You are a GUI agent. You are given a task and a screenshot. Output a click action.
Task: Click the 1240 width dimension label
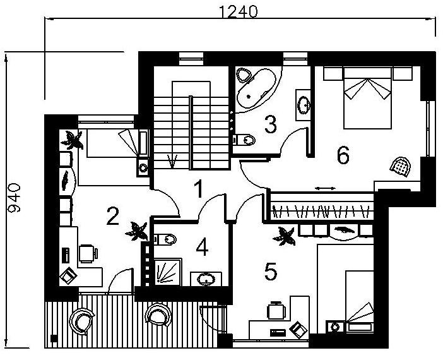(238, 11)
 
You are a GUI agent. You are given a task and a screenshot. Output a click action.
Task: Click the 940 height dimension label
(14, 198)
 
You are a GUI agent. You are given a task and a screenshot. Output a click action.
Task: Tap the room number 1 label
(199, 189)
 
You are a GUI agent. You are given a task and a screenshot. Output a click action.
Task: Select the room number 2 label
(112, 216)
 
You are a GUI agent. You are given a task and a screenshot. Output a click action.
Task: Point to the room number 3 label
(270, 124)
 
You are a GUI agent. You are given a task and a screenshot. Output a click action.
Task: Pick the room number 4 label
(203, 247)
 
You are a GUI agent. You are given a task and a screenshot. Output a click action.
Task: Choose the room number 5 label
(271, 271)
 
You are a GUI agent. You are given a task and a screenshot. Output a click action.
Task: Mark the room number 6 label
(343, 155)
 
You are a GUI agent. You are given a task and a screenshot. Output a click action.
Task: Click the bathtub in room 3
(256, 88)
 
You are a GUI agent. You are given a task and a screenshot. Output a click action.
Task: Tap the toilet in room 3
(244, 140)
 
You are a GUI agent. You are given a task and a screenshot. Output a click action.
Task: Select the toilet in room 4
(165, 239)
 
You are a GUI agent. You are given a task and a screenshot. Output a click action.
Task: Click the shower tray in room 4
(168, 272)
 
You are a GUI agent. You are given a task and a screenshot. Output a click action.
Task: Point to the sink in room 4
(206, 279)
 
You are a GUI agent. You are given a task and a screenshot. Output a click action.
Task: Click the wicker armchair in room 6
(400, 167)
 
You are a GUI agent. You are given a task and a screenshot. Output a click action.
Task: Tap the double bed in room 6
(367, 98)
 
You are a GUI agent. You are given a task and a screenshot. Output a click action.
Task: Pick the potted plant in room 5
(284, 236)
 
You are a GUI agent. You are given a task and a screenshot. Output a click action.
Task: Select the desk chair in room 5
(276, 311)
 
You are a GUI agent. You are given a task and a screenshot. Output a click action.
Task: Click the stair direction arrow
(172, 161)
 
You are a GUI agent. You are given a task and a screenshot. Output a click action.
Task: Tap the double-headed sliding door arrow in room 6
(326, 188)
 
